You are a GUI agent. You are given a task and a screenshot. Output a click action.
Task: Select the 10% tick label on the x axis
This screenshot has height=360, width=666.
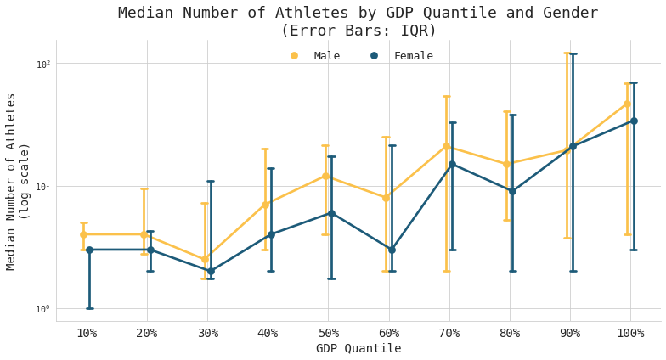(x=87, y=334)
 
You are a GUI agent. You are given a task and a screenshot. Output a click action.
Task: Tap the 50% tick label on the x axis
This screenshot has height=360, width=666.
(x=329, y=334)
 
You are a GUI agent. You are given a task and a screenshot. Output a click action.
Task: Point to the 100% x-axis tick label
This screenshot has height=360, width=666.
(x=630, y=334)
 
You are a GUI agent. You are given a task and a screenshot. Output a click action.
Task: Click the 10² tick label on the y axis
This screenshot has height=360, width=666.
(x=42, y=64)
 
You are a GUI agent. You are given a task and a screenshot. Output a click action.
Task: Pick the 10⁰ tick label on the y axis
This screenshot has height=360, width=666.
(x=42, y=309)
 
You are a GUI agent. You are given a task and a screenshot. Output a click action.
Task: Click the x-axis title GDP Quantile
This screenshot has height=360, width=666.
(x=358, y=349)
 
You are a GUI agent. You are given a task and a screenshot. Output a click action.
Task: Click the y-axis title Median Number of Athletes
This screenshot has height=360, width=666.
(x=12, y=181)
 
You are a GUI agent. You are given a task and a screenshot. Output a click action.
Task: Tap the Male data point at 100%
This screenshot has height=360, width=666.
(x=627, y=104)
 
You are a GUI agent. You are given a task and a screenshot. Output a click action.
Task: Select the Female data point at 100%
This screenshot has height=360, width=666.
(x=634, y=121)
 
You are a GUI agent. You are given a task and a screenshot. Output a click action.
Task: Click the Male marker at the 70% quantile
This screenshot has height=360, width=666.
(x=446, y=147)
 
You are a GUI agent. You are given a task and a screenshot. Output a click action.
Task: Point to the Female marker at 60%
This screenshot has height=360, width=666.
(x=392, y=250)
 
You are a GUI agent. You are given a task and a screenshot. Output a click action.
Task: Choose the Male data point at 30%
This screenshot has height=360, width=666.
(x=205, y=260)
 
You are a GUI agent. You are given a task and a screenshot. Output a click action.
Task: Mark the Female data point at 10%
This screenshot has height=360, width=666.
(x=89, y=250)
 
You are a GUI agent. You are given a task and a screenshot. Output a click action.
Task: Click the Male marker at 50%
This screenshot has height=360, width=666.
(x=325, y=177)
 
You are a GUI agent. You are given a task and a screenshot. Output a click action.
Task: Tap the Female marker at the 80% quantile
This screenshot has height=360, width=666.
(x=512, y=191)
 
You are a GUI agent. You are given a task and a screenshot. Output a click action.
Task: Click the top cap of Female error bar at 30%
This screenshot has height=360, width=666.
(x=211, y=181)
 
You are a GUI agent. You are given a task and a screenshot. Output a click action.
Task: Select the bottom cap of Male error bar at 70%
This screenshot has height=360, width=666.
(x=446, y=271)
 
